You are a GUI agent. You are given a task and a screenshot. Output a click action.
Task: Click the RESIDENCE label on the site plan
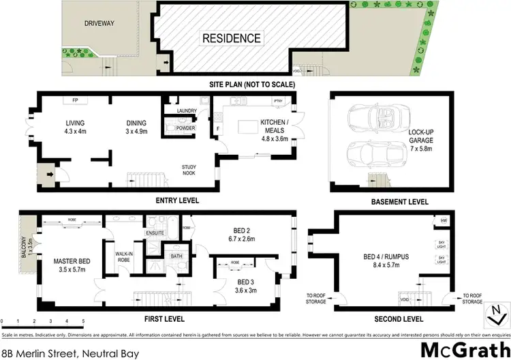tap(231, 39)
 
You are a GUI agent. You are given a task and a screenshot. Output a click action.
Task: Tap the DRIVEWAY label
tap(99, 23)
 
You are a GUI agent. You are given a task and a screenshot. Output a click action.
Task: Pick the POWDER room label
tap(185, 127)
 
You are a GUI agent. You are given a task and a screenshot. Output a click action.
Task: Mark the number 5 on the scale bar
tap(82, 320)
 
